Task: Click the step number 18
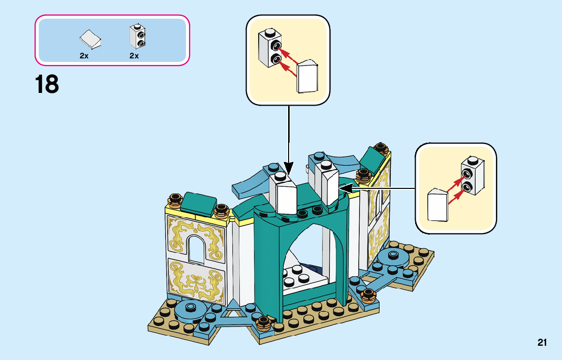[x=47, y=84]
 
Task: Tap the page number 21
[x=542, y=343]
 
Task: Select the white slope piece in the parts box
[x=90, y=38]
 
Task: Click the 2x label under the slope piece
[x=84, y=56]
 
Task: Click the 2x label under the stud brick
[x=134, y=56]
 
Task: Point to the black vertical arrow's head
[x=289, y=169]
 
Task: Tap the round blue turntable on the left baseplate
[x=191, y=307]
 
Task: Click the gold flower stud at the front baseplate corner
[x=263, y=322]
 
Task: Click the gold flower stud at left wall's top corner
[x=175, y=200]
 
